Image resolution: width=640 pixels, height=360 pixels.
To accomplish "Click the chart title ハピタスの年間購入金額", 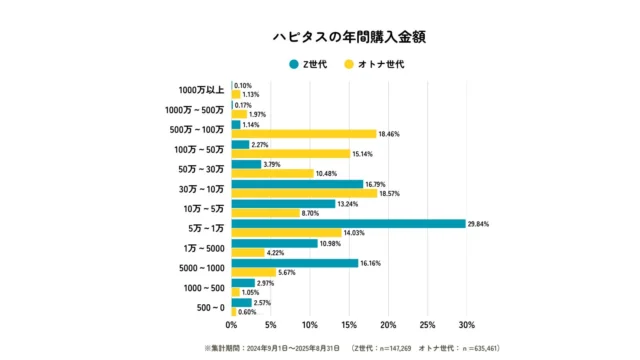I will click(x=320, y=36).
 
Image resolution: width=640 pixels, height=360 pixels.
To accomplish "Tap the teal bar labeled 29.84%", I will click(x=348, y=224).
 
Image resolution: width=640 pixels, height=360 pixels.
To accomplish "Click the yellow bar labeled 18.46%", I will click(x=304, y=134).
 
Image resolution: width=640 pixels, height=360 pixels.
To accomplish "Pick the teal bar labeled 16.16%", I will click(x=295, y=263).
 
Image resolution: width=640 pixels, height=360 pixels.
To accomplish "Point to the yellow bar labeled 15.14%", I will click(x=291, y=154).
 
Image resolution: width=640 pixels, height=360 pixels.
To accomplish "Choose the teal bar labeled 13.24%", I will click(x=283, y=204).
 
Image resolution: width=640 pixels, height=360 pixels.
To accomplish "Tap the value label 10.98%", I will click(x=331, y=243).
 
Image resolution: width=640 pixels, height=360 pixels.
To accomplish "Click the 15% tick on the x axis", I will click(x=349, y=325).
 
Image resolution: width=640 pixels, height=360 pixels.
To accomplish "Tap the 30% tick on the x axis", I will click(x=466, y=325).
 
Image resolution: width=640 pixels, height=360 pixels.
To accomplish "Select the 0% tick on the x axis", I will click(x=232, y=325).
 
